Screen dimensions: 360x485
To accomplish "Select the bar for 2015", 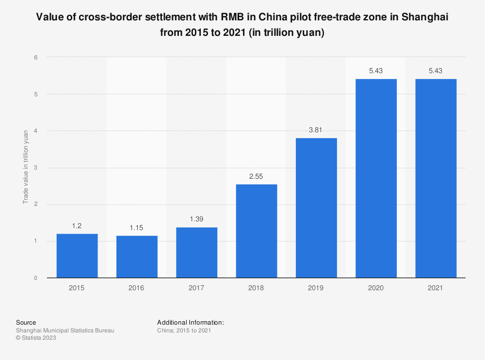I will click(x=77, y=256).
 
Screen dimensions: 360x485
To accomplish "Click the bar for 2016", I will click(x=137, y=257).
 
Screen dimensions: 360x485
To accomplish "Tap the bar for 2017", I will click(x=196, y=252).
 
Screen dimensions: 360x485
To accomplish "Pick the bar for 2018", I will click(x=256, y=231).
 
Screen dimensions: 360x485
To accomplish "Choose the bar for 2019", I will click(x=316, y=208).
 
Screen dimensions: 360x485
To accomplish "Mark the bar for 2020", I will click(x=376, y=178).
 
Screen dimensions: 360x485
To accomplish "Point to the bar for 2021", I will click(x=436, y=178).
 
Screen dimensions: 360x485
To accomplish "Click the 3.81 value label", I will click(x=316, y=130).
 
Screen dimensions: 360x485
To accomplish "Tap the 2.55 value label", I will click(x=256, y=176).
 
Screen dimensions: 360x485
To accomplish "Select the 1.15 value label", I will click(x=137, y=227).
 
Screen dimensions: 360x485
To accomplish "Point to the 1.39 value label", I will click(x=196, y=219).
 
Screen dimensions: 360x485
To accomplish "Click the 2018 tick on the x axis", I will click(x=256, y=288).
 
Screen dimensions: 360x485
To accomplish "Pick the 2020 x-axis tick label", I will click(x=376, y=288).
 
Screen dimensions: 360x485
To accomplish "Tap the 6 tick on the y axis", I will click(x=35, y=57).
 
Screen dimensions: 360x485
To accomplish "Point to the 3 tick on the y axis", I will click(x=35, y=168).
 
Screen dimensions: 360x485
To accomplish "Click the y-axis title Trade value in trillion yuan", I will click(x=25, y=168).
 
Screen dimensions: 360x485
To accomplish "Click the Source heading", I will click(x=26, y=322).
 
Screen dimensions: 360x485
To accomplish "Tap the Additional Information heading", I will click(x=191, y=322).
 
